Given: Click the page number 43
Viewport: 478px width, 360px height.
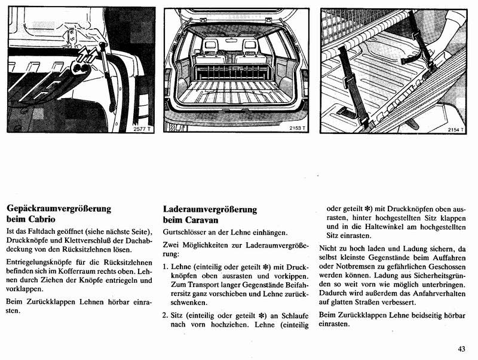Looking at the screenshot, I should coord(462,349).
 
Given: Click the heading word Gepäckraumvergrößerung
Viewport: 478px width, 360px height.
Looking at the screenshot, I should coord(59,209).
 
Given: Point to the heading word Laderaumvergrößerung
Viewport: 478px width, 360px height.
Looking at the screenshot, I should coord(210,209).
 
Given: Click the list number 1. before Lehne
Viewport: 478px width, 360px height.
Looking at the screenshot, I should coord(166,266).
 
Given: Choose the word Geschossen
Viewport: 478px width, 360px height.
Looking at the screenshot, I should coord(445,267).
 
